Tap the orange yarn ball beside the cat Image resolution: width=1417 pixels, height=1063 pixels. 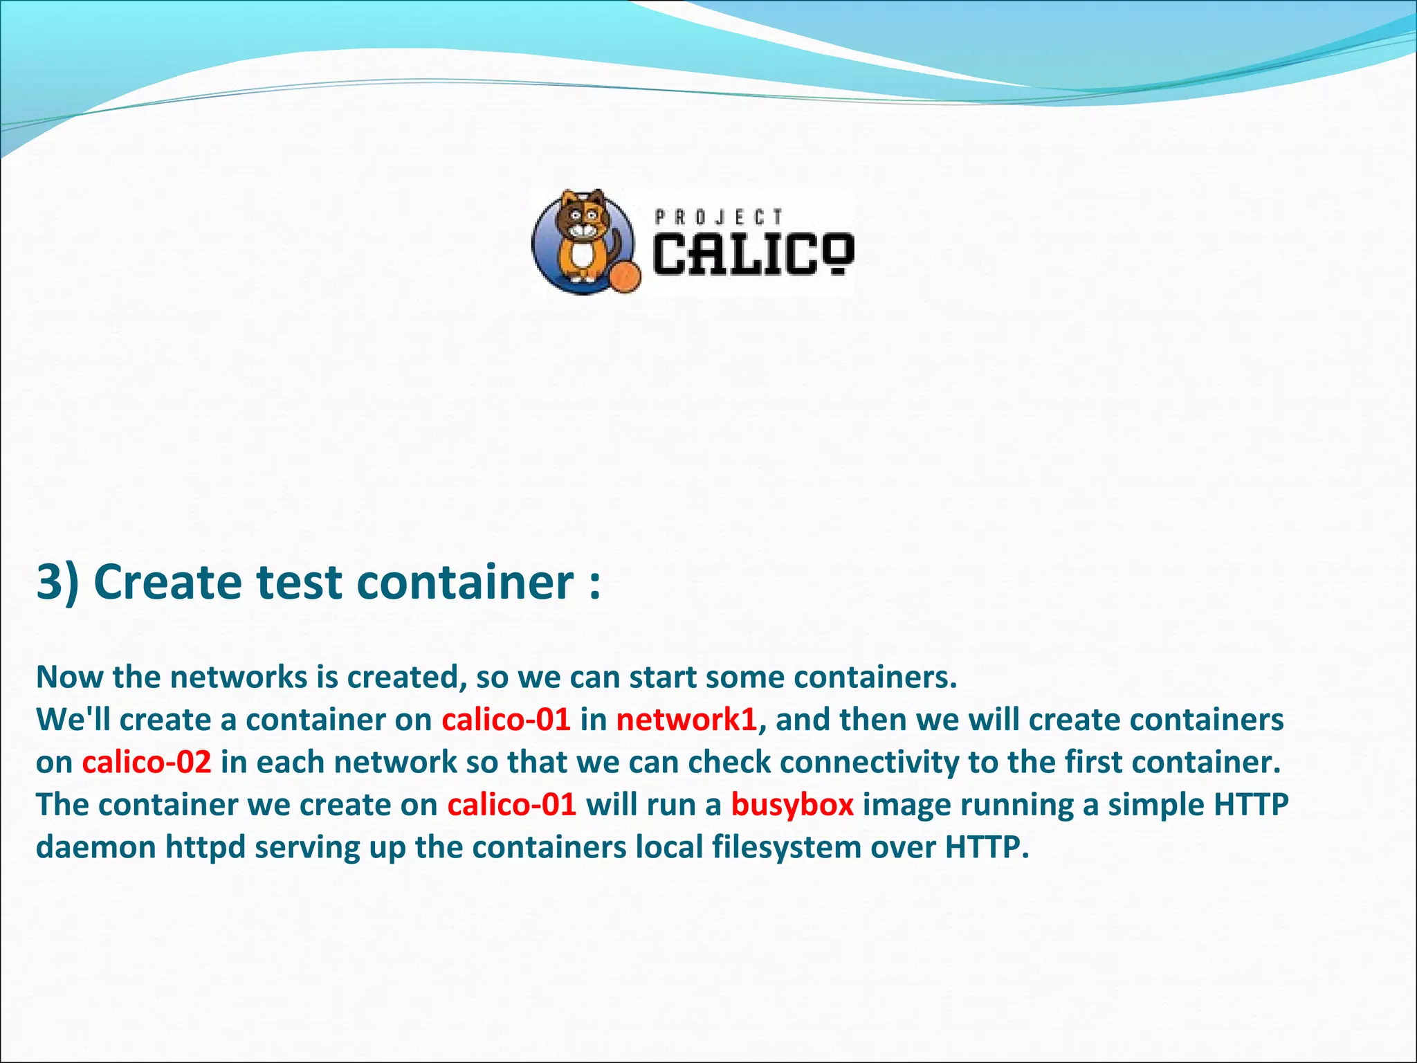[626, 278]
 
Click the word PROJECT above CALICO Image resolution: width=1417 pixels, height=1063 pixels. [719, 218]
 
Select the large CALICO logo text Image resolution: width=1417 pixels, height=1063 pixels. [753, 255]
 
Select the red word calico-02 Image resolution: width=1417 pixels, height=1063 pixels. [147, 762]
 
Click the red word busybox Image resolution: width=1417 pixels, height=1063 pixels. [792, 805]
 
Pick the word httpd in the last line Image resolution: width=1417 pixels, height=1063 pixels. [205, 847]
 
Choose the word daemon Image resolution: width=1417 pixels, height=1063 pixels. [96, 847]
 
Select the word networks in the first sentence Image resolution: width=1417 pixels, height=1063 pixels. [239, 678]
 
